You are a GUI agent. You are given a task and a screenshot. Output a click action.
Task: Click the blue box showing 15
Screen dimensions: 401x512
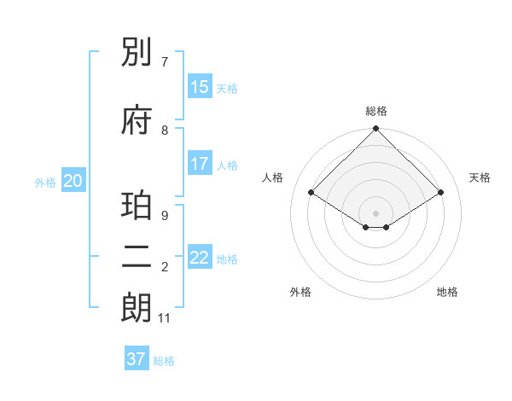(x=199, y=87)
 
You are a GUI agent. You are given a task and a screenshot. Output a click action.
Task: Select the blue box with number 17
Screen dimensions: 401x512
(x=199, y=164)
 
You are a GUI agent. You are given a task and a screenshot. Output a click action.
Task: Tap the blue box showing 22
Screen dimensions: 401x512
(x=199, y=258)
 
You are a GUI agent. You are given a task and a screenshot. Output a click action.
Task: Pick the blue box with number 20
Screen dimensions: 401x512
(x=73, y=181)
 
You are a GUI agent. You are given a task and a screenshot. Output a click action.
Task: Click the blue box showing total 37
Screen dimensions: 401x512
(x=137, y=359)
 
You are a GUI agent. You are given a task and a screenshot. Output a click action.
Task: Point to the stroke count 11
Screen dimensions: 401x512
(x=164, y=318)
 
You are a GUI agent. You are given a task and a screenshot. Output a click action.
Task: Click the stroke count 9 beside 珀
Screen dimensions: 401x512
(x=164, y=216)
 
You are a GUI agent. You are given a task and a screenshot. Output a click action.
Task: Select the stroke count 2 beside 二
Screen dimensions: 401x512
(x=164, y=267)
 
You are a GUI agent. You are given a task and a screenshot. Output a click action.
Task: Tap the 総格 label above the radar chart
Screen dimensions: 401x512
(x=375, y=111)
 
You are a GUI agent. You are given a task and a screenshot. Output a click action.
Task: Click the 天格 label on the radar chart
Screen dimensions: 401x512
(x=480, y=177)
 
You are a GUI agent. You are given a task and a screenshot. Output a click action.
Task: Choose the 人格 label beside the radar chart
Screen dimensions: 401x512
(x=273, y=177)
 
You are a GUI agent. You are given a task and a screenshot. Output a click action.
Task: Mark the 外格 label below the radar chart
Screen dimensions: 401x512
(x=300, y=293)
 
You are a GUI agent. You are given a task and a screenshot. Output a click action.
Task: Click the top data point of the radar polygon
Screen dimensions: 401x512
(x=375, y=130)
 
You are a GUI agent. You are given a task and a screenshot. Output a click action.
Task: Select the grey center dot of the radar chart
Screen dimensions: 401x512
(x=375, y=212)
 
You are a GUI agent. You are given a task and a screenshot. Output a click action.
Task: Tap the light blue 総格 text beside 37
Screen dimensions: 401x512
(x=164, y=361)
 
